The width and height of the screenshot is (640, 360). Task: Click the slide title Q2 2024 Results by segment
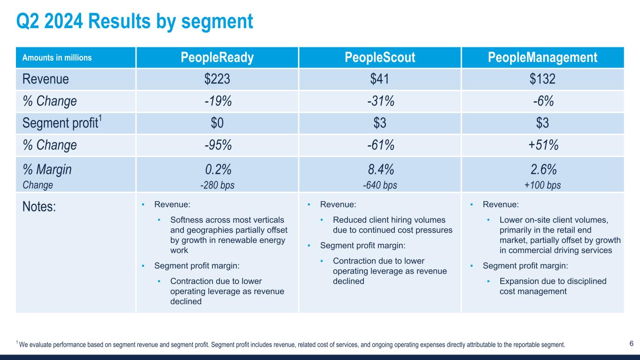(x=134, y=21)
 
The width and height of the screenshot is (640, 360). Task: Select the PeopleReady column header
(x=217, y=58)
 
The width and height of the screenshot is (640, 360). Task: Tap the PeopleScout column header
(x=380, y=58)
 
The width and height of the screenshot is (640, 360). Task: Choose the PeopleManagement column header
(x=542, y=58)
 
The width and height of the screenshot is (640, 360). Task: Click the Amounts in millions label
(x=57, y=58)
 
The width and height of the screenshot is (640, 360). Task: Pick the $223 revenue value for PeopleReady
(x=217, y=79)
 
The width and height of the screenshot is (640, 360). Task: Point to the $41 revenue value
(x=380, y=79)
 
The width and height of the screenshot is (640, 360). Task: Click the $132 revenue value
(x=542, y=79)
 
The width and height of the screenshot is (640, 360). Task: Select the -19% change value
(x=217, y=101)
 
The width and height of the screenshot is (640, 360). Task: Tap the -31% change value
(x=380, y=101)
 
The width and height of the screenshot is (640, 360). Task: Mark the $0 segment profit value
(x=217, y=123)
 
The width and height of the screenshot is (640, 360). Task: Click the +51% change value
(x=542, y=145)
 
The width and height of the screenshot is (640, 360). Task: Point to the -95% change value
(x=217, y=145)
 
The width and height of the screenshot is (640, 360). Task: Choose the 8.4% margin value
(x=380, y=169)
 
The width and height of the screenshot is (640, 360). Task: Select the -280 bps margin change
(x=217, y=185)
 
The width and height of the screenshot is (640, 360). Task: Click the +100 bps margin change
(x=542, y=185)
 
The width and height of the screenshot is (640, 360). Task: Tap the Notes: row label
(x=39, y=207)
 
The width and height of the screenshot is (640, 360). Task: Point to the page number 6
(x=632, y=344)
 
